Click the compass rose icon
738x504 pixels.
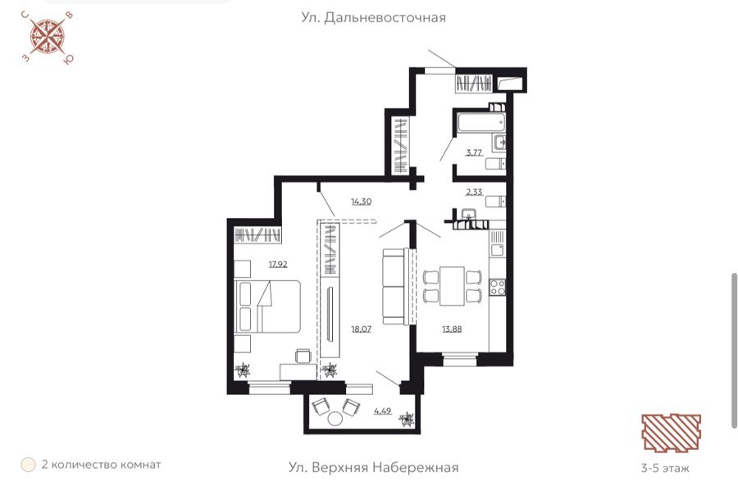[48, 37]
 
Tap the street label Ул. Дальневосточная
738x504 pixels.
[373, 18]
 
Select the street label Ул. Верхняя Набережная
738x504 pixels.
[373, 467]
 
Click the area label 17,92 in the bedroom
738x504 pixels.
[278, 265]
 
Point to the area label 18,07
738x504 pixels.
[361, 329]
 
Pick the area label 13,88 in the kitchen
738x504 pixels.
[452, 329]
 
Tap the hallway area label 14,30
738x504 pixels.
[361, 202]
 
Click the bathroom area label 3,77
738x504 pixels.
[474, 152]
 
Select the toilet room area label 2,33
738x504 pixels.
[474, 192]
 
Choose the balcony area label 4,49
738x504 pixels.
[383, 411]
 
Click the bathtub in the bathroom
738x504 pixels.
[481, 121]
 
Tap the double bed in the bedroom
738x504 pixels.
[267, 306]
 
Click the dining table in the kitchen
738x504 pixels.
[452, 286]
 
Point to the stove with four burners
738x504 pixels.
[498, 287]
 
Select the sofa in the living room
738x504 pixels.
[395, 286]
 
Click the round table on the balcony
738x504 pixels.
[335, 418]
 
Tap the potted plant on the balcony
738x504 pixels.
[406, 419]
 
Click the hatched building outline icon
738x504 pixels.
[671, 433]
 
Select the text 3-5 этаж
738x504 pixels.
[665, 468]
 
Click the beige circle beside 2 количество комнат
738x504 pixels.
[28, 465]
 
